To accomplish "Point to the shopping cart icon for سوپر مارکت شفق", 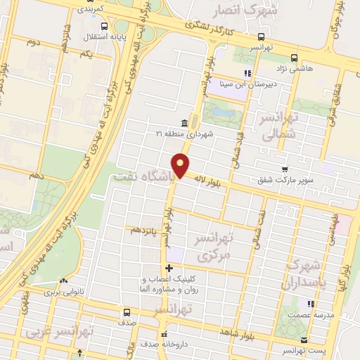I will click(285, 169).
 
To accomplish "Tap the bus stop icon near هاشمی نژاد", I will click(295, 58).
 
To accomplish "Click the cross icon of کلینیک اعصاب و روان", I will click(169, 269).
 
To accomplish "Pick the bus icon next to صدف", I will click(127, 312).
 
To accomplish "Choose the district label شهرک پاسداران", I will click(304, 275).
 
